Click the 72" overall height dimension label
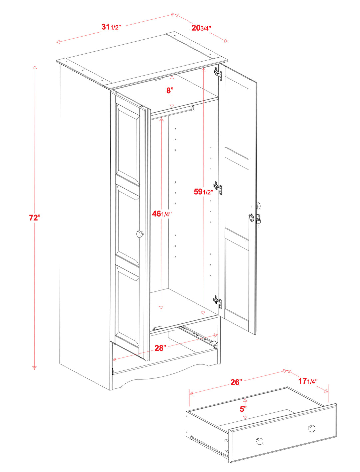(35, 218)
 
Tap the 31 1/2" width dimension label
(111, 27)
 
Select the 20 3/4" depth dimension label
(201, 28)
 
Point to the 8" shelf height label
(170, 90)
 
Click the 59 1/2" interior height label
(203, 192)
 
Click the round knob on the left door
(140, 234)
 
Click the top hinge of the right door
(218, 73)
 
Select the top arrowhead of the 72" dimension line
(35, 68)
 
